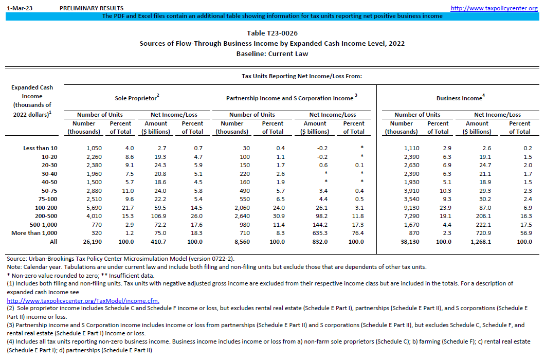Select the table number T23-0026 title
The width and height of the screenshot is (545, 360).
tap(272, 33)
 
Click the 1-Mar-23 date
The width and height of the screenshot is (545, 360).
tap(16, 8)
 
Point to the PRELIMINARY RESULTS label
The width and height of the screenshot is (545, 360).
tap(92, 8)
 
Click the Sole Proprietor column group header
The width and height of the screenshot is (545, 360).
tap(136, 98)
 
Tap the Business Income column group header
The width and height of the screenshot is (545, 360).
tap(459, 98)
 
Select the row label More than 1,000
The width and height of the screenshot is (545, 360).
tap(35, 233)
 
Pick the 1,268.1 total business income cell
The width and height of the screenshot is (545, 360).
tap(477, 241)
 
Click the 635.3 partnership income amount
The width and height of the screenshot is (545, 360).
tap(315, 233)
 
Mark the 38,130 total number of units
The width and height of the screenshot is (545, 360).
tap(409, 241)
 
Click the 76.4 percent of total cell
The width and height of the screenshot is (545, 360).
tap(354, 233)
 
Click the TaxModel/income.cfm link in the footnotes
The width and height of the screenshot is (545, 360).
tap(83, 301)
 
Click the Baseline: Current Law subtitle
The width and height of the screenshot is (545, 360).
tap(272, 54)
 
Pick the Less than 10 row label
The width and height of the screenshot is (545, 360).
tap(40, 148)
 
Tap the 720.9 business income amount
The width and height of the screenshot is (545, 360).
tap(477, 233)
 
